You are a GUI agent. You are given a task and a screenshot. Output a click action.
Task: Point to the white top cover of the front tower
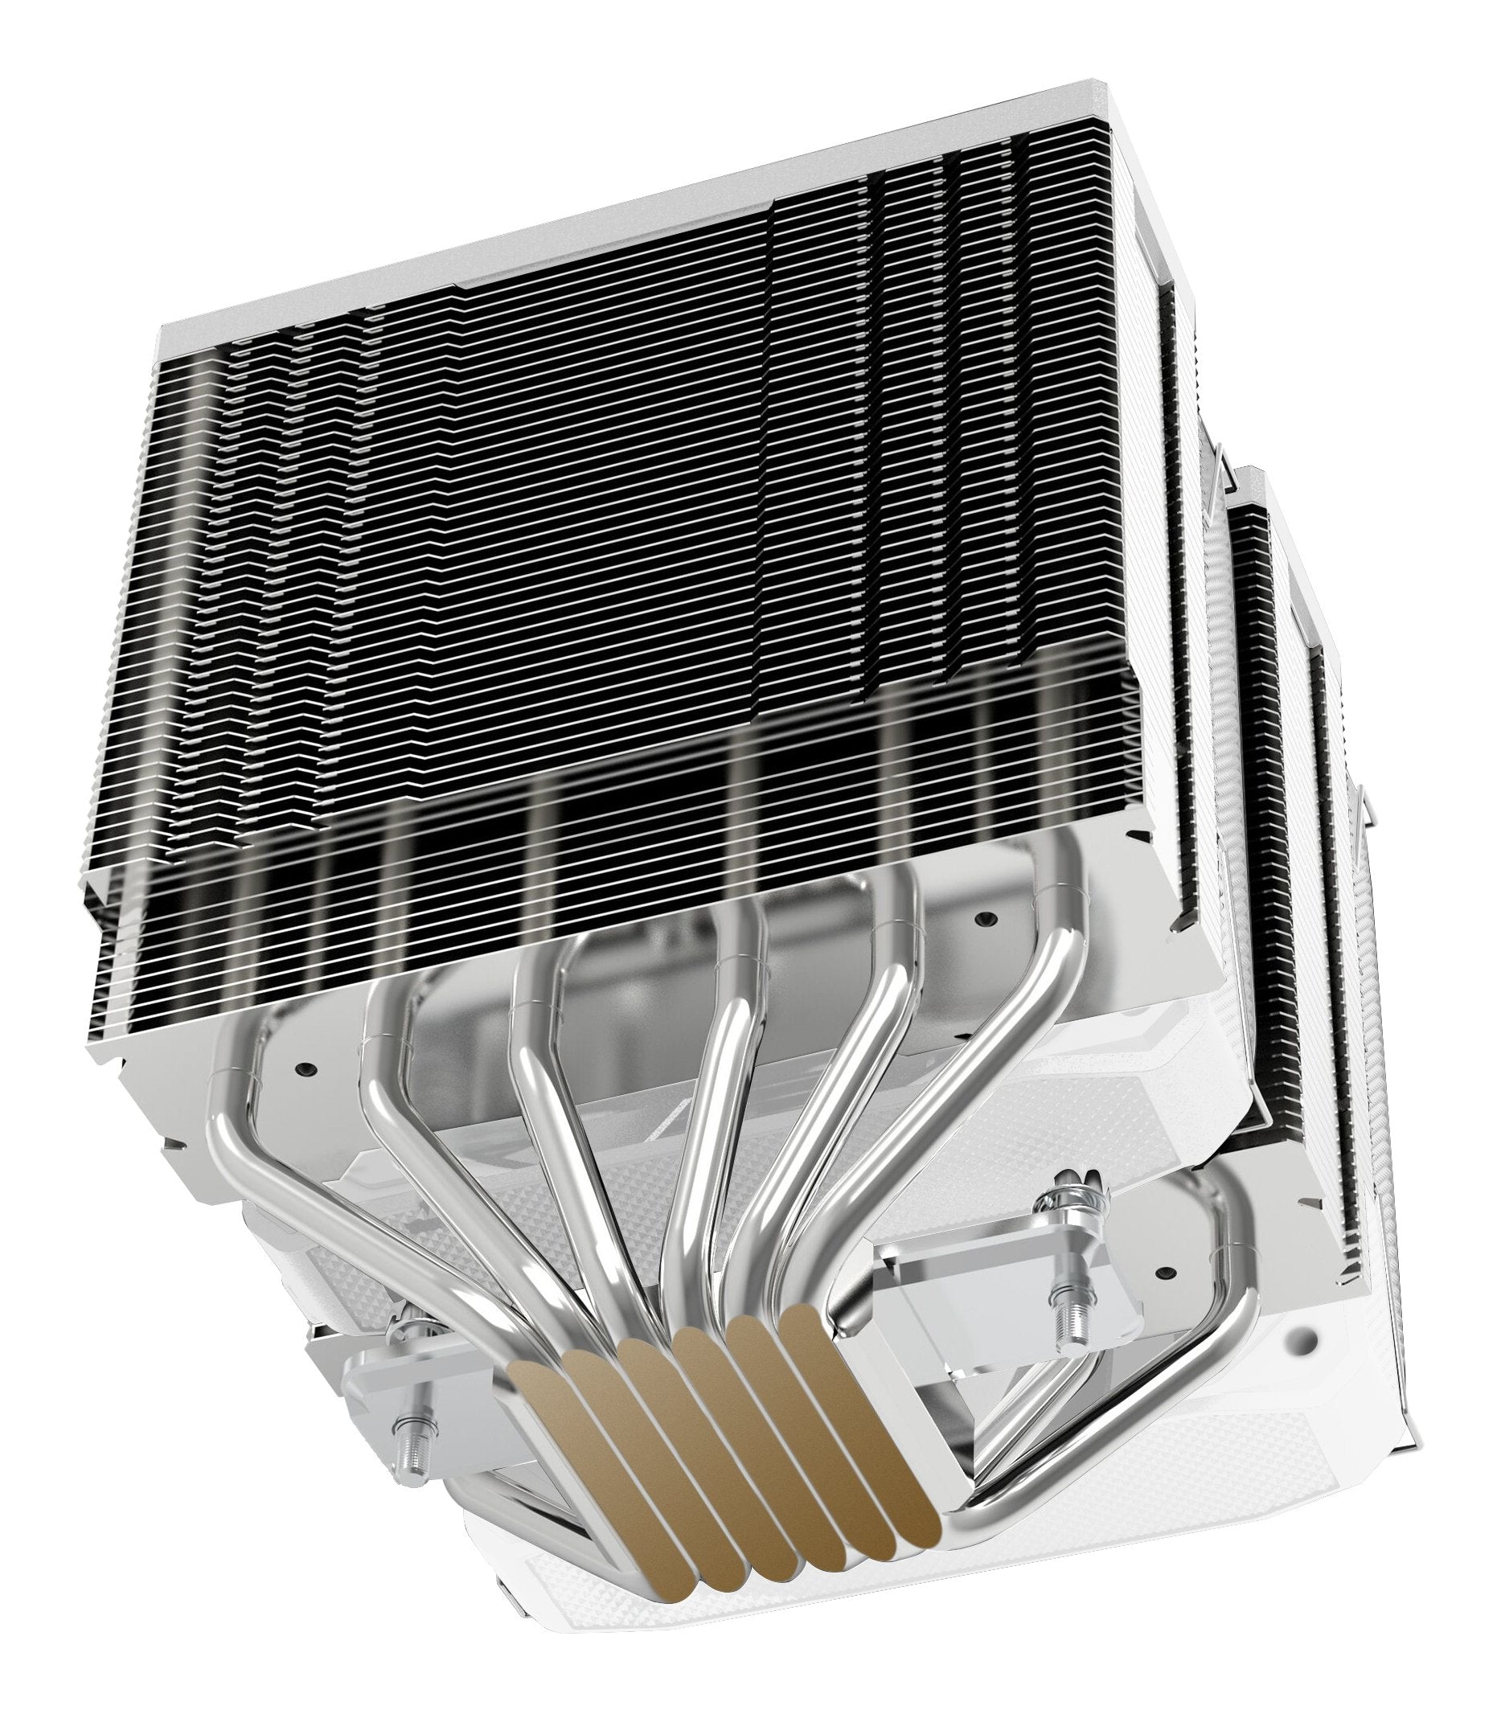(585, 209)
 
